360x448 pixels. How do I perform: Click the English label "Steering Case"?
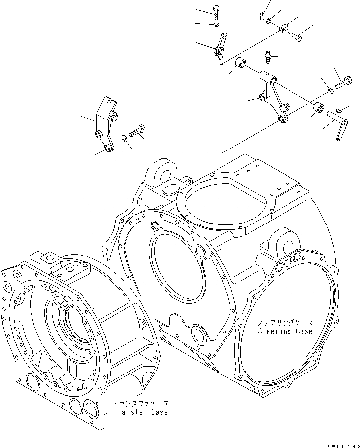point(285,331)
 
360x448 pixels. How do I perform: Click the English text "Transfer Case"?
point(141,412)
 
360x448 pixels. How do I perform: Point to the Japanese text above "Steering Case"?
point(285,322)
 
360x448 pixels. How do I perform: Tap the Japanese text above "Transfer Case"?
point(141,403)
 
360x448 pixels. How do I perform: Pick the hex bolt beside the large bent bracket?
point(138,133)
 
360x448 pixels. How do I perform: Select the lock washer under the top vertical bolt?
point(216,24)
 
